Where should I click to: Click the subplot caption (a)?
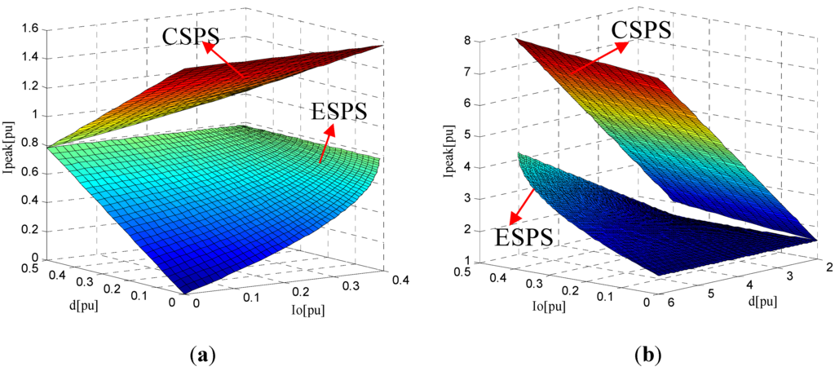point(201,356)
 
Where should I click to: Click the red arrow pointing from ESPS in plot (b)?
point(523,205)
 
